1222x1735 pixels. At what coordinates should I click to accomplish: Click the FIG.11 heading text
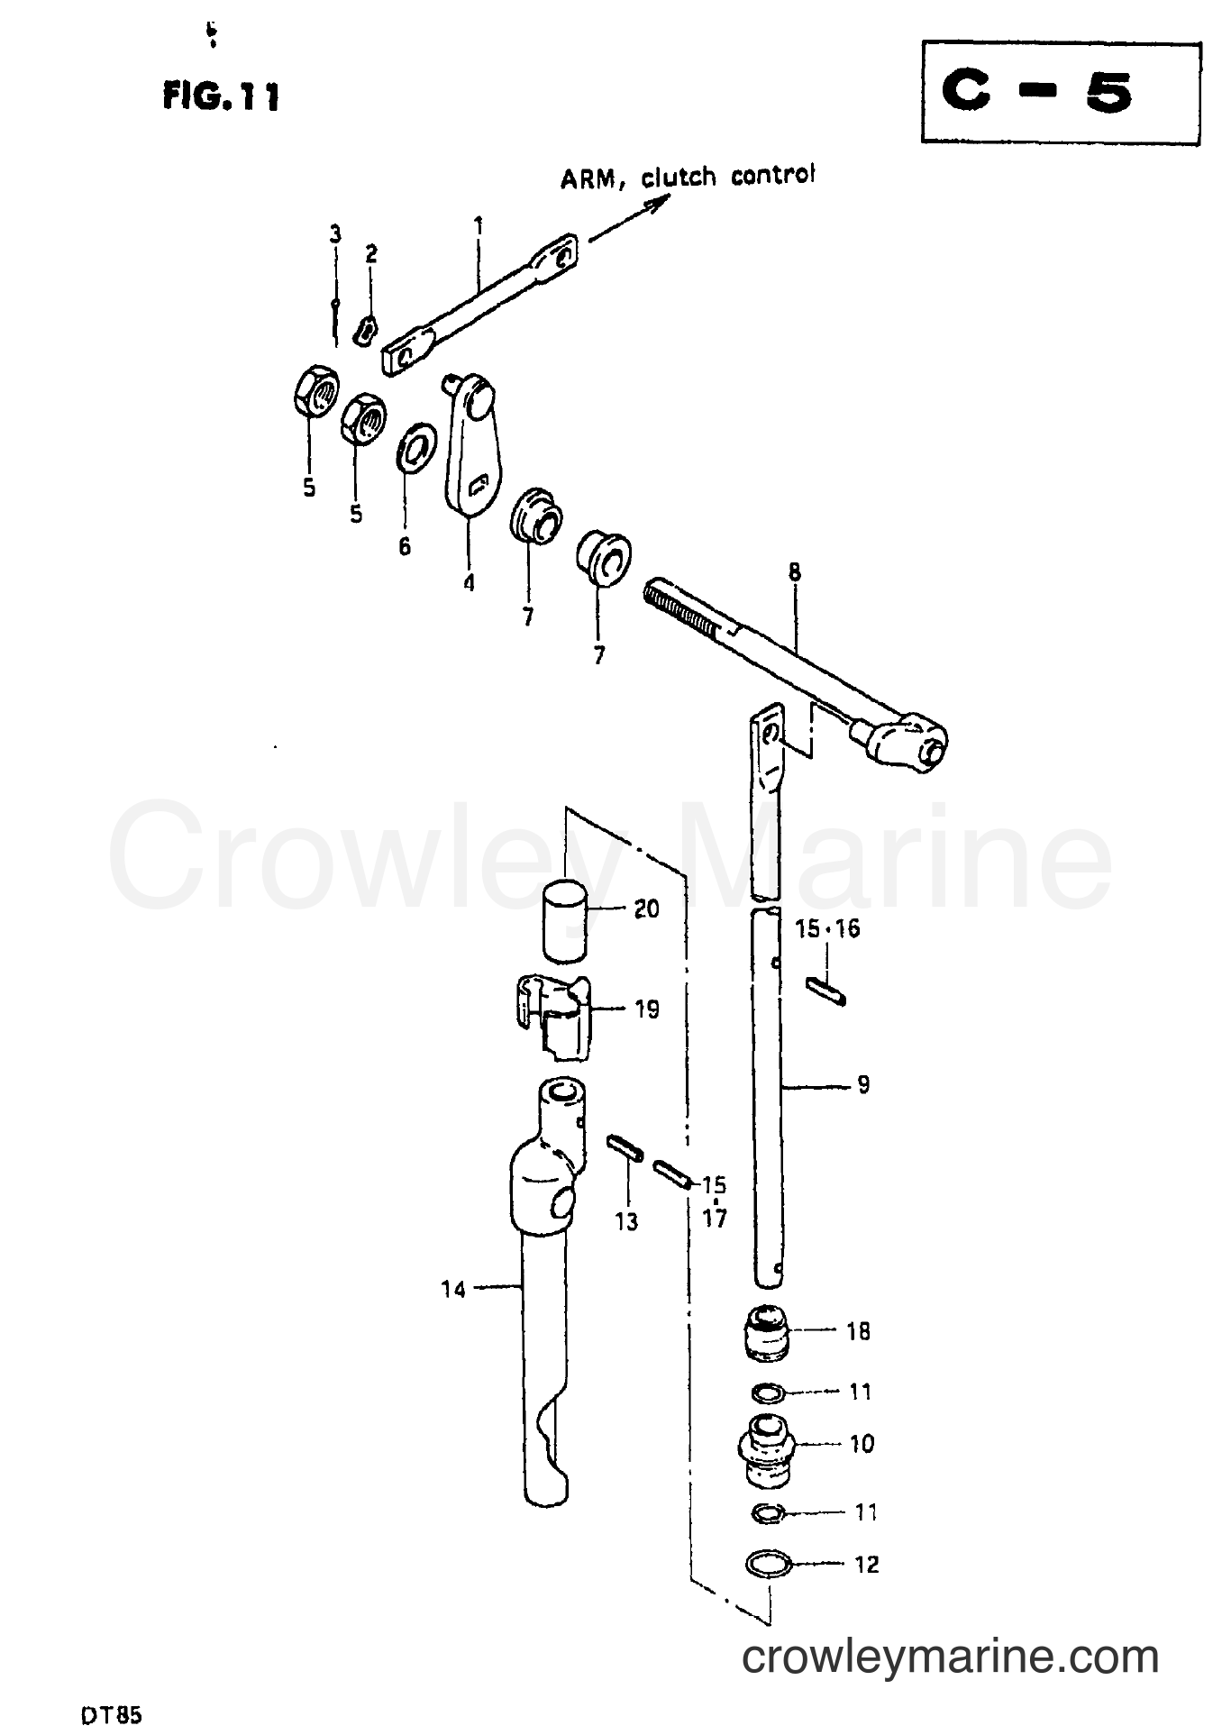pyautogui.click(x=220, y=96)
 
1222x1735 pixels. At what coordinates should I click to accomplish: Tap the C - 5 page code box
pyautogui.click(x=1061, y=93)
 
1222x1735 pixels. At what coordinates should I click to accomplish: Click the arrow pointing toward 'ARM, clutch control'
pyautogui.click(x=629, y=220)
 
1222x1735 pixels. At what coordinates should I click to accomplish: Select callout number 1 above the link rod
pyautogui.click(x=479, y=223)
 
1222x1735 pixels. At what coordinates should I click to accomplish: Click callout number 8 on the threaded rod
pyautogui.click(x=794, y=573)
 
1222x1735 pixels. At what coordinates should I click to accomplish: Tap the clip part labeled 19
pyautogui.click(x=552, y=1017)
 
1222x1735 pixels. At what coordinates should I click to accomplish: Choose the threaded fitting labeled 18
pyautogui.click(x=766, y=1331)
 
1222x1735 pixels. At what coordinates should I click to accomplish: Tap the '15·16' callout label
pyautogui.click(x=827, y=929)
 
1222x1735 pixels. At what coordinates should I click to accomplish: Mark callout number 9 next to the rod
pyautogui.click(x=863, y=1084)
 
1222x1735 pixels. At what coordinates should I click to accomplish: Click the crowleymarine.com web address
pyautogui.click(x=950, y=1655)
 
